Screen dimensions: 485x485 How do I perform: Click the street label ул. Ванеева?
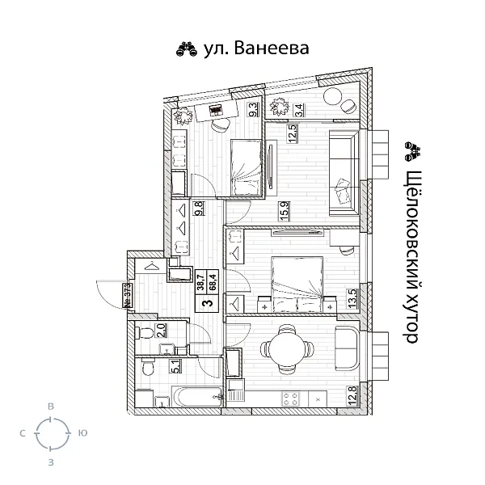pos(254,48)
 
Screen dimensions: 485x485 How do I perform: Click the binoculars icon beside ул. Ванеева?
pos(185,49)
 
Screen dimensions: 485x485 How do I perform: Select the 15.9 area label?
pos(283,210)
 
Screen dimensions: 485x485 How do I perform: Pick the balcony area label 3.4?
pos(298,103)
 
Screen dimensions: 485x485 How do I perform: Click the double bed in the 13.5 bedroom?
pos(297,284)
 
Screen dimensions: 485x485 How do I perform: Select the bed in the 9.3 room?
pos(246,166)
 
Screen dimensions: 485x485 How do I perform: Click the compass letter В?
pos(51,407)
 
